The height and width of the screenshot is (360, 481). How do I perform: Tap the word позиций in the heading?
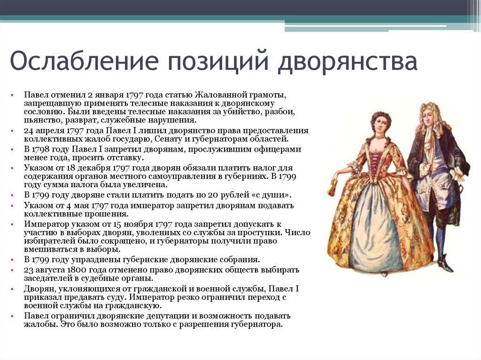click(218, 61)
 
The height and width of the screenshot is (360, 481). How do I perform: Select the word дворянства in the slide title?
click(348, 61)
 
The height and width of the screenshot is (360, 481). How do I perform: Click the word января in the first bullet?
click(109, 95)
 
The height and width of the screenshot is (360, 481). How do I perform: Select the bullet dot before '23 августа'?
click(12, 270)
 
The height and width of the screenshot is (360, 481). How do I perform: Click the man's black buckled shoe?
click(445, 266)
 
